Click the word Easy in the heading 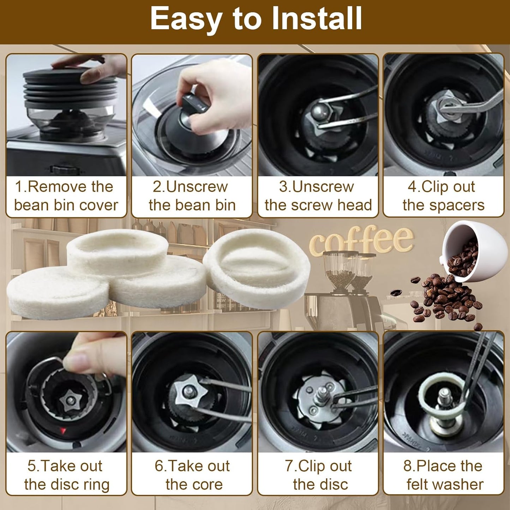pos(186,19)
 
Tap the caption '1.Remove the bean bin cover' pos(66,196)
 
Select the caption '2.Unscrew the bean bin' pos(192,196)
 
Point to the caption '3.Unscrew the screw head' pos(318,196)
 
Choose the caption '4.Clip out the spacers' pos(443,196)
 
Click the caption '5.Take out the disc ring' pos(66,475)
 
